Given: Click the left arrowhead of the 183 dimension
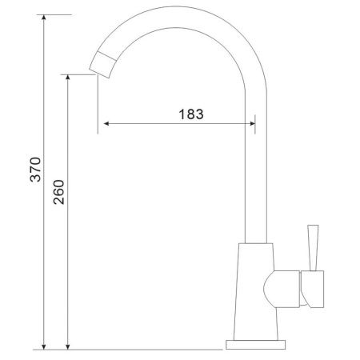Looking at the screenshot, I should pos(102,124).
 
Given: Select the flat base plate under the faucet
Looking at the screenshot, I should pos(257,345).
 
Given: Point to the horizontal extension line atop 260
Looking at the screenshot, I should pos(80,75).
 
